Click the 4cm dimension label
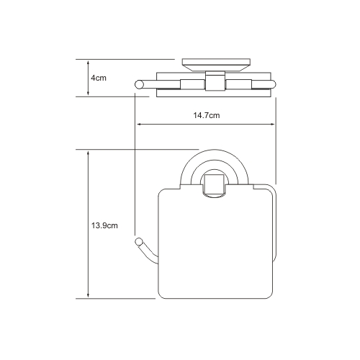coord(99,78)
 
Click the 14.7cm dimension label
coord(207,115)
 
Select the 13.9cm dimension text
coord(104,225)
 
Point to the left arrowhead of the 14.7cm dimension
coord(140,124)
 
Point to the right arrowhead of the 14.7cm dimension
coord(271,124)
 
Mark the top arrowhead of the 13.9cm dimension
coord(88,154)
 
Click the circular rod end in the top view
coord(139,85)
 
